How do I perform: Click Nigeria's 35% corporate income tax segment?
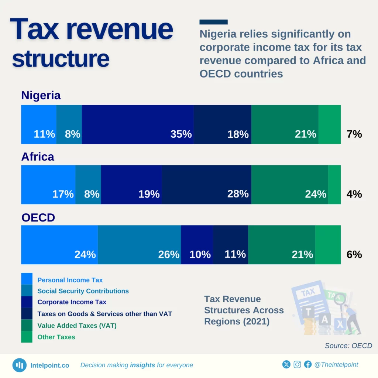(x=138, y=124)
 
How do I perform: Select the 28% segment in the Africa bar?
(x=206, y=185)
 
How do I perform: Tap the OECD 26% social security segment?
(x=140, y=245)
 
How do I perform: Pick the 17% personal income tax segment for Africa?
(x=48, y=185)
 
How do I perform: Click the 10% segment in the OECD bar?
(x=197, y=245)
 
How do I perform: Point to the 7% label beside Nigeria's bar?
(x=354, y=134)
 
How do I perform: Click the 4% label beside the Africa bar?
(x=354, y=194)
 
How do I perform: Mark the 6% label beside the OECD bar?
(x=354, y=254)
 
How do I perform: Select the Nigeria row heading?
(x=41, y=95)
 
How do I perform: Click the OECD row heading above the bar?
(x=38, y=217)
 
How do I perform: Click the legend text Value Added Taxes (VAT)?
(x=77, y=326)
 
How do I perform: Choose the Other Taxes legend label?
(x=56, y=337)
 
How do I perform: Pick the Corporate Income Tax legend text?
(x=72, y=302)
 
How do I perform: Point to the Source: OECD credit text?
(x=348, y=346)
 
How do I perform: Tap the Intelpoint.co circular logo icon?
(x=19, y=365)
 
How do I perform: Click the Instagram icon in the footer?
(x=297, y=365)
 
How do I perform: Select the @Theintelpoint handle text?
(x=336, y=365)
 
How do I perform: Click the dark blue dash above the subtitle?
(x=213, y=22)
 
